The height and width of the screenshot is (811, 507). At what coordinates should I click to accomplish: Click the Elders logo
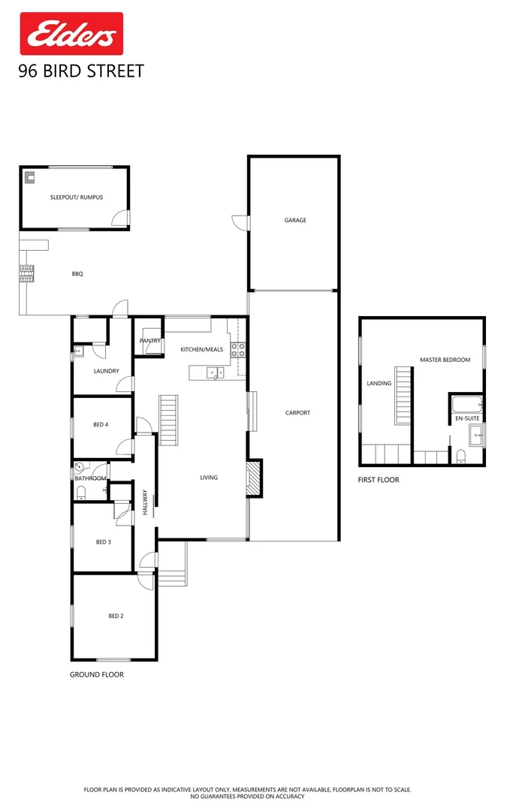(x=71, y=34)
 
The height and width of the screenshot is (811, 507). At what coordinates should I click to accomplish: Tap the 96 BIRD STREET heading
(x=80, y=72)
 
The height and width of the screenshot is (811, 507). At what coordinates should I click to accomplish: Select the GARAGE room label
(x=295, y=220)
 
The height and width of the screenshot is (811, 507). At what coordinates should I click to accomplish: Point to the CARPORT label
(x=297, y=412)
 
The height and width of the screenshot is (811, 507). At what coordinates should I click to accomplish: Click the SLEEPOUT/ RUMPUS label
(x=77, y=197)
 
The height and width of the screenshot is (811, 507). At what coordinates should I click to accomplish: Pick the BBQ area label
(x=77, y=274)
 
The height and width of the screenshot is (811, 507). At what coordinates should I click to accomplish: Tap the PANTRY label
(x=149, y=341)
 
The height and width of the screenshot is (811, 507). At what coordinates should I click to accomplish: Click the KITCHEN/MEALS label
(x=201, y=350)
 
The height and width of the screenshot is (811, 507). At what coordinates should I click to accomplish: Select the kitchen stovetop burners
(x=239, y=349)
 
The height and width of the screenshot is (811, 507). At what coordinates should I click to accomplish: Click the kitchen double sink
(x=215, y=372)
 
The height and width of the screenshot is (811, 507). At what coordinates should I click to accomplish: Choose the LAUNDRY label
(x=106, y=371)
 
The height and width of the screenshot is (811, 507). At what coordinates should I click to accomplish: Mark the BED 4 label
(x=101, y=424)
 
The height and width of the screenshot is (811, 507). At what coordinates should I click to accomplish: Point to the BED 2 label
(x=116, y=616)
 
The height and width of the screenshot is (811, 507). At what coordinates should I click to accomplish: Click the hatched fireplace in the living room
(x=255, y=478)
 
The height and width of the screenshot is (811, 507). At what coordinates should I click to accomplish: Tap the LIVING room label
(x=209, y=477)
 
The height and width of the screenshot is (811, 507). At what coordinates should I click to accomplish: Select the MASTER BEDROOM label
(x=445, y=360)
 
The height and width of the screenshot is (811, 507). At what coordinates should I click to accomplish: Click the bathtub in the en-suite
(x=466, y=405)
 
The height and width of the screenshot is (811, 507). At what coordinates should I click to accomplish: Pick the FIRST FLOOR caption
(x=379, y=480)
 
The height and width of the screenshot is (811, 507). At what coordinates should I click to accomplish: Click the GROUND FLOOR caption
(x=96, y=674)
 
